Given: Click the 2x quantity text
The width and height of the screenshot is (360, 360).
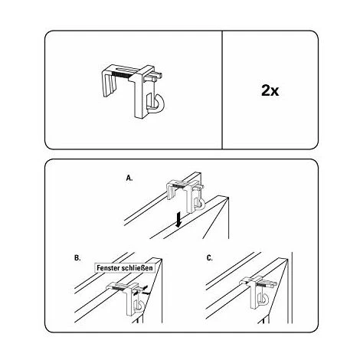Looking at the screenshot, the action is pyautogui.click(x=270, y=90).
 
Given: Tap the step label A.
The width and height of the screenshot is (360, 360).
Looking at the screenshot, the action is pyautogui.click(x=129, y=178).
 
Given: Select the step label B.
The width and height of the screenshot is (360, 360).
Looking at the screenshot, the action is pyautogui.click(x=77, y=258).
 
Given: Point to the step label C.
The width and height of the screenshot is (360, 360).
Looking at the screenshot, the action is pyautogui.click(x=209, y=258).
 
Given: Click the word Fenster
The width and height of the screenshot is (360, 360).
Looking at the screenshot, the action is pyautogui.click(x=108, y=268).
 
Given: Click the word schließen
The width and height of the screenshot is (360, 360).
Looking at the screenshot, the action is pyautogui.click(x=137, y=268).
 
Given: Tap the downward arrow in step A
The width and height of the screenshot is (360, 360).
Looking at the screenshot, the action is pyautogui.click(x=178, y=221).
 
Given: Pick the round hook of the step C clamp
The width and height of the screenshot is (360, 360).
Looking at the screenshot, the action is pyautogui.click(x=265, y=299).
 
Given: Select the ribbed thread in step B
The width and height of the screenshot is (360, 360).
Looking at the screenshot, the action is pyautogui.click(x=120, y=288).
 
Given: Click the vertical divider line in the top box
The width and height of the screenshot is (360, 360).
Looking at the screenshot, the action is pyautogui.click(x=222, y=90).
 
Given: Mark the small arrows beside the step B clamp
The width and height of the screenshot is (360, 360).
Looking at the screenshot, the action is pyautogui.click(x=142, y=291).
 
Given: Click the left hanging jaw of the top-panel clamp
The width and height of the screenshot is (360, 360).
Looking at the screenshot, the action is pyautogui.click(x=109, y=86).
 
